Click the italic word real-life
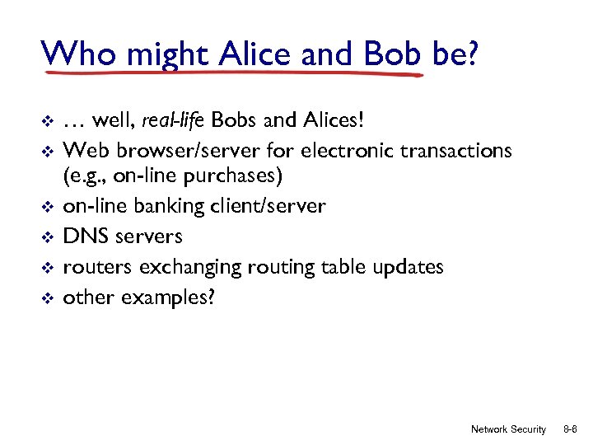(x=174, y=122)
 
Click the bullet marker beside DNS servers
(x=47, y=237)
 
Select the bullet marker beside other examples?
(x=47, y=297)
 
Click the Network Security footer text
(x=508, y=429)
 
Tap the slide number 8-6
(x=569, y=429)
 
